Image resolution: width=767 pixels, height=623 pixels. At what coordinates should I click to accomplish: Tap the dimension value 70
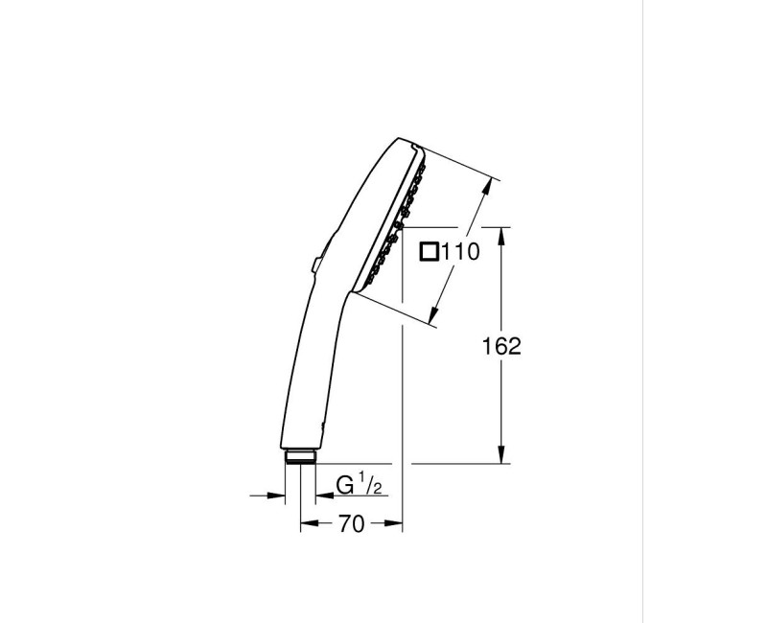point(352,524)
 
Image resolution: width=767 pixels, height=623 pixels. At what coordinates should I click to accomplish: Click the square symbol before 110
point(430,252)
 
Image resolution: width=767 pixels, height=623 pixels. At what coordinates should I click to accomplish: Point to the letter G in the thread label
point(345,486)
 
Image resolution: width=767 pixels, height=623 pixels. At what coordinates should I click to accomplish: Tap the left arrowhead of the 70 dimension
point(307,524)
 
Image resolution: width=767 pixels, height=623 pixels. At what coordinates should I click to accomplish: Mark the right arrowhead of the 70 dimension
point(395,524)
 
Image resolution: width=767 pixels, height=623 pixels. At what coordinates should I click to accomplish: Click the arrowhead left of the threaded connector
point(279,496)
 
